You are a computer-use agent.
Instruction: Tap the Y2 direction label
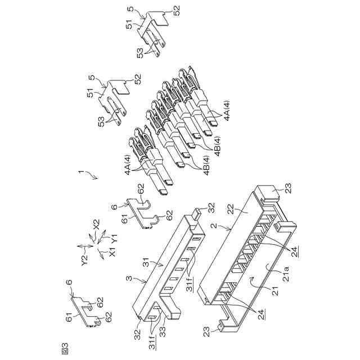point(84,260)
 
